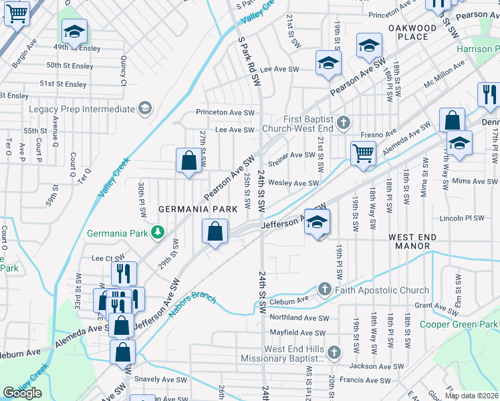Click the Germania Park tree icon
coord(157,233)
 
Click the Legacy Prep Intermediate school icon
coord(144,108)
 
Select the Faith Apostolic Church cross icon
coord(324,290)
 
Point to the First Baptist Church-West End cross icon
coord(343,122)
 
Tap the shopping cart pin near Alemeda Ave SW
coord(363,153)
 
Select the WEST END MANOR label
coord(413,241)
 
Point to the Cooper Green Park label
coord(459,325)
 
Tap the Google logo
coord(22,393)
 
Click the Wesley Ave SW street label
coord(293,183)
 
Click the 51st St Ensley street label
coord(63,84)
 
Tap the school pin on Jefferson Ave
coord(318,222)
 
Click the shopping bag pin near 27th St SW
coord(189,160)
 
